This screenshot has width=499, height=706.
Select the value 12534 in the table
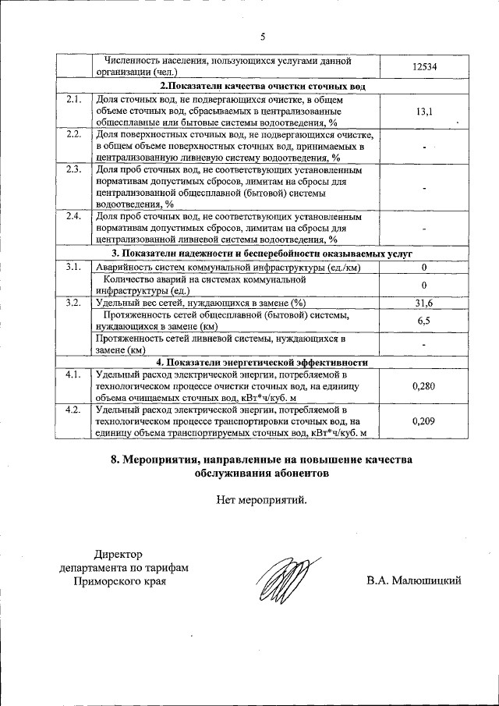pyautogui.click(x=424, y=67)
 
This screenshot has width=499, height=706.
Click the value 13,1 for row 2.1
pyautogui.click(x=424, y=112)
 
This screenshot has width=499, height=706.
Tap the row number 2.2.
pyautogui.click(x=74, y=134)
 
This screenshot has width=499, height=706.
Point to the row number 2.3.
pyautogui.click(x=74, y=169)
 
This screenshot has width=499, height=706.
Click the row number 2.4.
pyautogui.click(x=74, y=216)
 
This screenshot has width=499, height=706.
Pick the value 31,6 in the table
pyautogui.click(x=424, y=303)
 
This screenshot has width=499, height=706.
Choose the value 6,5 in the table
pyautogui.click(x=424, y=321)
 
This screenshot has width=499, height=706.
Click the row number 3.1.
pyautogui.click(x=74, y=267)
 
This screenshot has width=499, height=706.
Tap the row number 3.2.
pyautogui.click(x=74, y=303)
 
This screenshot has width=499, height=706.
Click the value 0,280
pyautogui.click(x=424, y=386)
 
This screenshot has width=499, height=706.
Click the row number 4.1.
pyautogui.click(x=74, y=374)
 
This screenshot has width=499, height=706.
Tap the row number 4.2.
pyautogui.click(x=74, y=410)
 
